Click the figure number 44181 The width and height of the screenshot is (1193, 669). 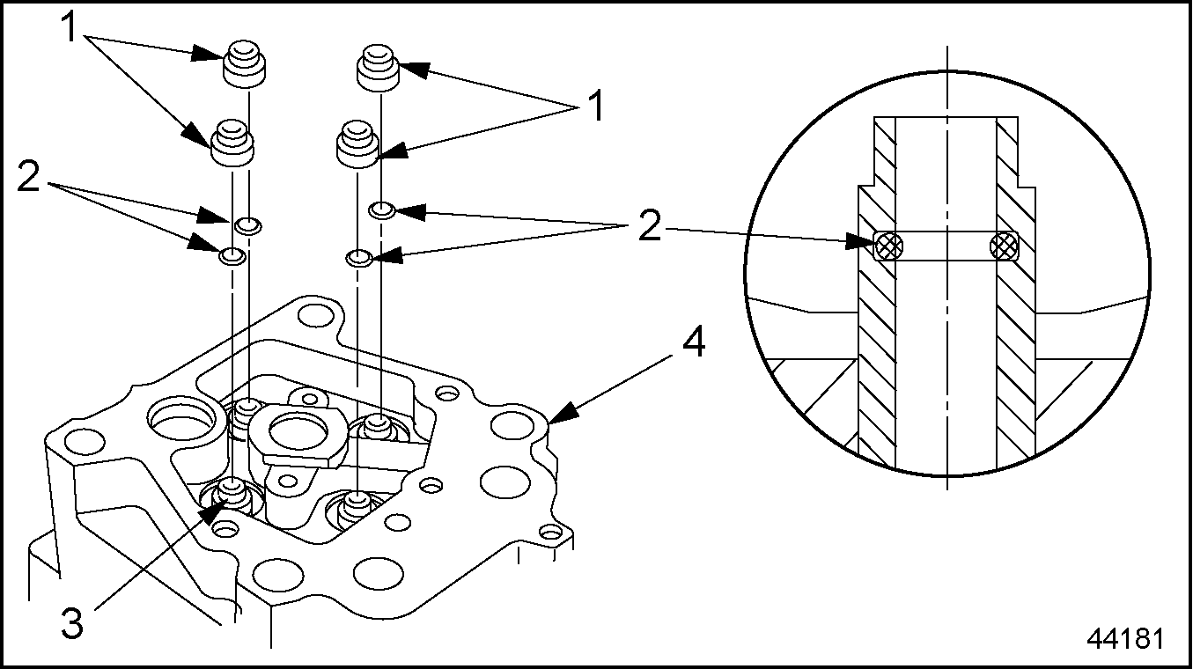(x=1124, y=638)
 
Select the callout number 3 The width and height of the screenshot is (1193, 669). (x=73, y=624)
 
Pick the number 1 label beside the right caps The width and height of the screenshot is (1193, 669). (x=595, y=107)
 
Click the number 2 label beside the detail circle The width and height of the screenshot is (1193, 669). (x=648, y=228)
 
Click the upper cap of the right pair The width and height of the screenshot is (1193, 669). (x=379, y=70)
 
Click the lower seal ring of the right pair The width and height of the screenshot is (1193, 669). (x=357, y=258)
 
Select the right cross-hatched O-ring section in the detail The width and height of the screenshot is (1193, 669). (x=1003, y=246)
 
